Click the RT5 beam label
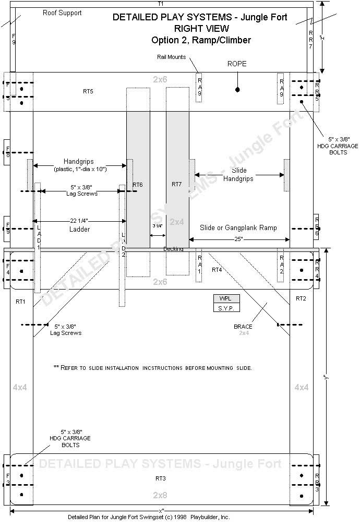88,91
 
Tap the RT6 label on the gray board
138,184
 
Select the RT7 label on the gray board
176,184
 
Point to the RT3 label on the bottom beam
161,478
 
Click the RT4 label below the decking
217,270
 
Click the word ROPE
237,64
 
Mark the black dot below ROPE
237,90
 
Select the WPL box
225,298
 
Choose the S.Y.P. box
225,308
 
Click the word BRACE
243,326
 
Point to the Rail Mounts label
171,57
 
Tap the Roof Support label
62,13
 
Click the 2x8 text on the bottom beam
160,495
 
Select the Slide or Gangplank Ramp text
238,227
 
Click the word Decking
173,249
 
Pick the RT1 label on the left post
20,302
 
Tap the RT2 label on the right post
301,298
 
